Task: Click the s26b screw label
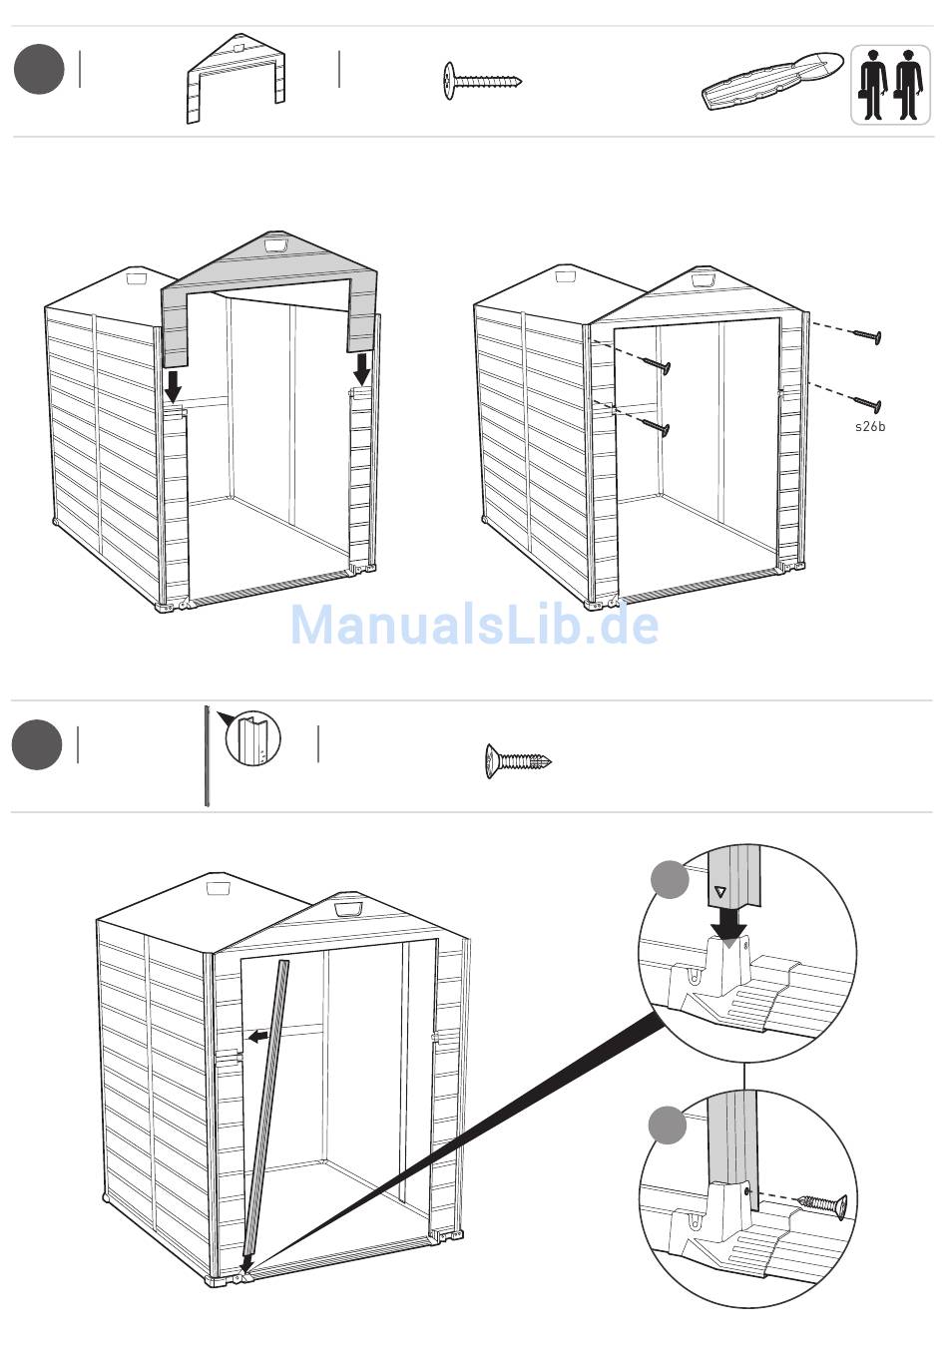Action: pos(870,427)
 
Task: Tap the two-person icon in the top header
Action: pos(890,85)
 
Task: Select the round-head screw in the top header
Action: pos(482,81)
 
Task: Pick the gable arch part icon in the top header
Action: pos(236,79)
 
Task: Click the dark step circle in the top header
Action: pos(39,69)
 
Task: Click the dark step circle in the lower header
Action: pos(37,744)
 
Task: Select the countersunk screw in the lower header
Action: pos(518,761)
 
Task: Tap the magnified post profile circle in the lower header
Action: pos(253,738)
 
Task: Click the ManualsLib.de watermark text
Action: pos(475,624)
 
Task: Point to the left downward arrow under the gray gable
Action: pos(174,387)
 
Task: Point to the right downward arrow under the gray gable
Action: pos(362,369)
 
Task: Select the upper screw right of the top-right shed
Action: pos(866,335)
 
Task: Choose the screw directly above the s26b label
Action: pos(866,403)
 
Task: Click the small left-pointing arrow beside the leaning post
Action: pos(257,1037)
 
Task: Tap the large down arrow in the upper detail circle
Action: pos(728,929)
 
